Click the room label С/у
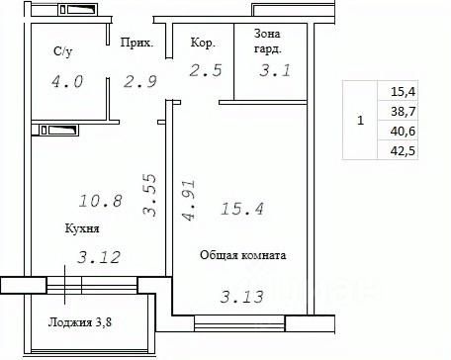(x=62, y=51)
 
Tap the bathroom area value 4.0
(x=67, y=81)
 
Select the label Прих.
(x=136, y=43)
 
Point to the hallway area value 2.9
(x=139, y=81)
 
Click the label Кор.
(x=203, y=43)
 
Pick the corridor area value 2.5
(x=206, y=70)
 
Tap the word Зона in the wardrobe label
(x=267, y=34)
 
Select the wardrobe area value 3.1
(x=275, y=70)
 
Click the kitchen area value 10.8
(x=101, y=201)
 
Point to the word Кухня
(x=82, y=228)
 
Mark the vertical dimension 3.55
(x=149, y=195)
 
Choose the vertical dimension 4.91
(x=189, y=200)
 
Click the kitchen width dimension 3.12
(x=99, y=257)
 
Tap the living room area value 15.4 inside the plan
(x=242, y=209)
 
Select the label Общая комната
(x=243, y=255)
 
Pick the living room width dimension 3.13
(x=242, y=297)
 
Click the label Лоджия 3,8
(x=80, y=322)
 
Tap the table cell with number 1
(x=360, y=120)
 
